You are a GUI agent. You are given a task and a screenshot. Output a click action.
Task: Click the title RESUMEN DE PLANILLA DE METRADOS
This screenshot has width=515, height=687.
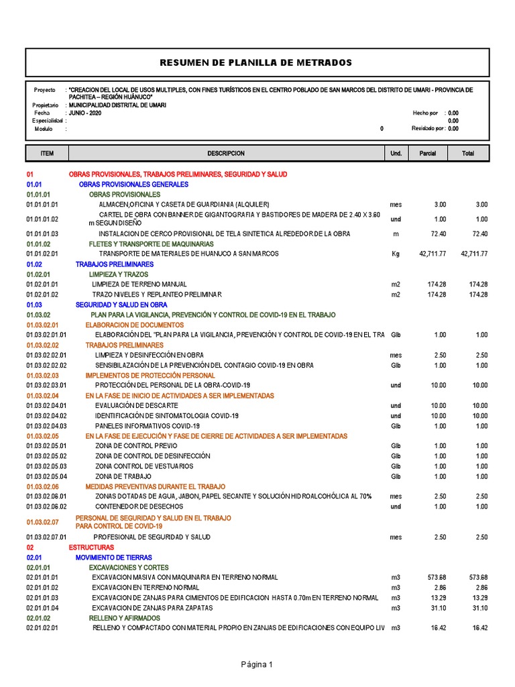tap(255, 62)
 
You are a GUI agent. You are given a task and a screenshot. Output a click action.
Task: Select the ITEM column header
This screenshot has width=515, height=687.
tap(47, 154)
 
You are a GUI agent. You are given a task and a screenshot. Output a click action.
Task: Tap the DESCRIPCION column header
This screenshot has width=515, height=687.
tap(226, 154)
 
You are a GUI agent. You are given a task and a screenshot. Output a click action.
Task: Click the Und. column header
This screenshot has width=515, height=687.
tap(396, 154)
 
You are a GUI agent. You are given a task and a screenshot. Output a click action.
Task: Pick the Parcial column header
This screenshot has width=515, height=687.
tap(428, 154)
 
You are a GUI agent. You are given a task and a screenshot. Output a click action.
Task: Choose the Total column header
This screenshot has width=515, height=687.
tap(468, 154)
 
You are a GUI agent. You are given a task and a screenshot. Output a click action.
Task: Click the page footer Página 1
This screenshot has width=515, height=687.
tap(257, 665)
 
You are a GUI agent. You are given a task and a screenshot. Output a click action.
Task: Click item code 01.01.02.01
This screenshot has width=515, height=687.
tap(43, 254)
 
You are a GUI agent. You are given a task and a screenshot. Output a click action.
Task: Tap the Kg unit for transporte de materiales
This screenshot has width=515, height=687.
tap(395, 254)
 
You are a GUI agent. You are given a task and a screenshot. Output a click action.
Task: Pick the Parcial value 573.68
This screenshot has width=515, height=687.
tap(437, 578)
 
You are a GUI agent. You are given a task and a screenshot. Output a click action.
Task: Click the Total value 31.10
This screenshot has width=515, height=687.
tap(479, 608)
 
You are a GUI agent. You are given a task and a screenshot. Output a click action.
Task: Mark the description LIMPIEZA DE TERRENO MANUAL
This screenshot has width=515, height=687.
tap(139, 284)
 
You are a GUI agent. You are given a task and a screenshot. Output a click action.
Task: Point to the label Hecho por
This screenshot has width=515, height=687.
tap(425, 113)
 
